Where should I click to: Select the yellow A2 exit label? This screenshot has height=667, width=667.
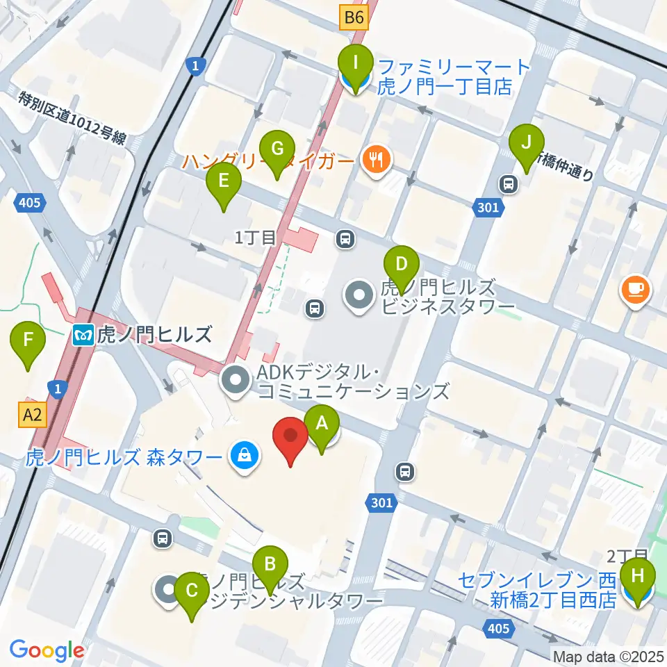coord(33,415)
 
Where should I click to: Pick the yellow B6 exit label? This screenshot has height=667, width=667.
coord(353,18)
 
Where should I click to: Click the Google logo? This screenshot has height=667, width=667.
coord(47,650)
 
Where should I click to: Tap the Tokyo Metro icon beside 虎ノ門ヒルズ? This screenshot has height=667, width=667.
coord(82,336)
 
